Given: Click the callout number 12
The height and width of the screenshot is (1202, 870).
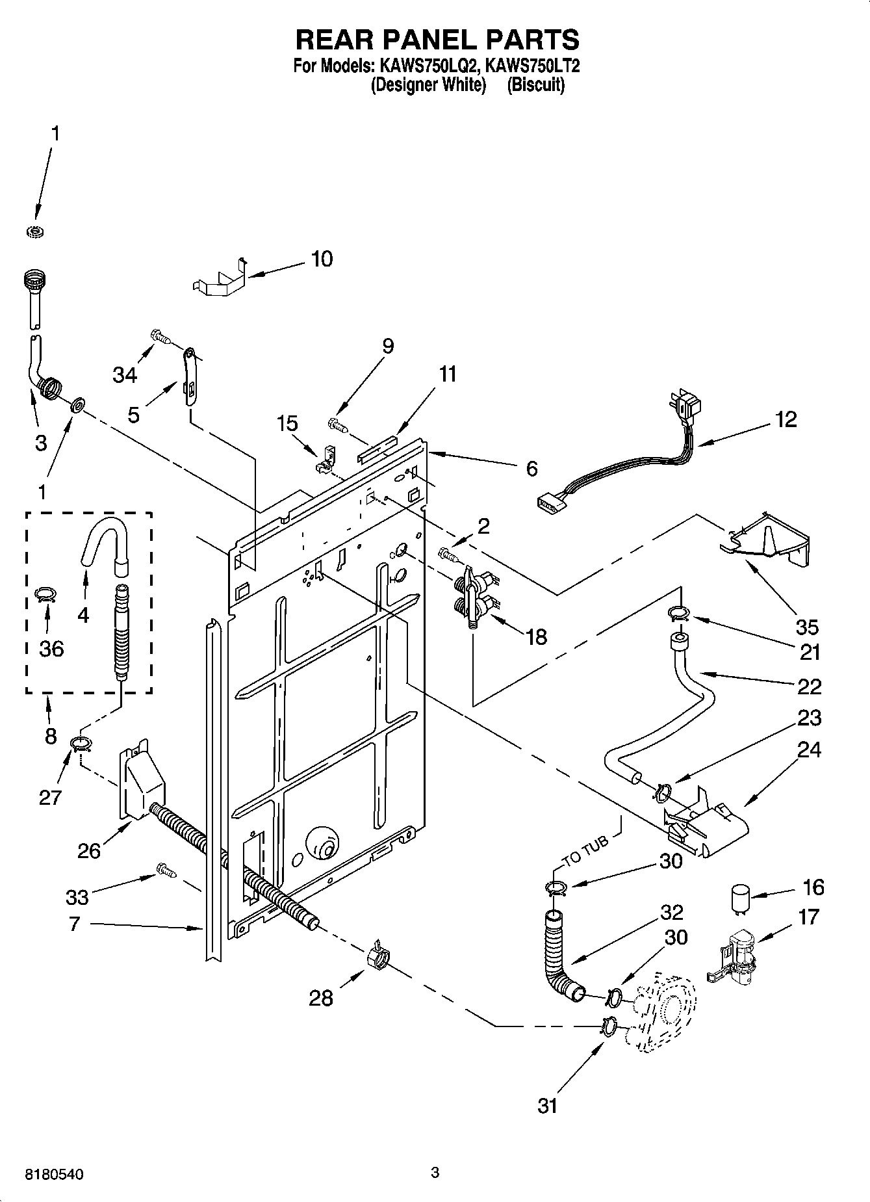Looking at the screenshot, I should [x=786, y=420].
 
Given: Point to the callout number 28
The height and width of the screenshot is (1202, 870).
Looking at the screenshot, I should [x=321, y=998].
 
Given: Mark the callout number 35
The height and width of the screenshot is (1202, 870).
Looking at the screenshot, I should [x=807, y=627].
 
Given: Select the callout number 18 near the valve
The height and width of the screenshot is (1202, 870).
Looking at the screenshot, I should [x=537, y=636].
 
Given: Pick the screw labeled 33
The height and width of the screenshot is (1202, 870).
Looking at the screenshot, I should [x=166, y=870].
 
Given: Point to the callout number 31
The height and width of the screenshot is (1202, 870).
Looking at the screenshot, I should [x=547, y=1105].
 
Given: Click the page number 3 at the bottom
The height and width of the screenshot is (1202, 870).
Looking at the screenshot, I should [x=435, y=1172].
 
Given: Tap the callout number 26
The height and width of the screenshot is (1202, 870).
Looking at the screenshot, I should [x=89, y=851].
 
